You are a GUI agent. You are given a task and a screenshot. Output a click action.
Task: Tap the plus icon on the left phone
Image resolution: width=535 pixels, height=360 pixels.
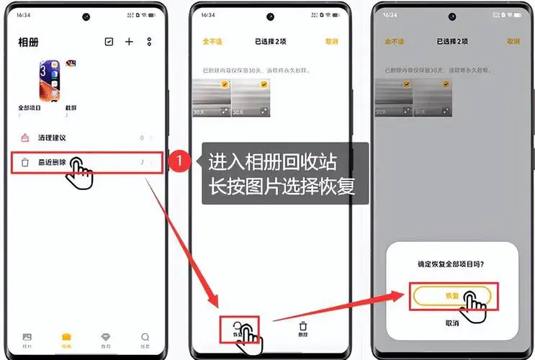pyautogui.click(x=129, y=42)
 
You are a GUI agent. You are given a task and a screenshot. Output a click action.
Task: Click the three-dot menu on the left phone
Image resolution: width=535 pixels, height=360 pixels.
pyautogui.click(x=149, y=42)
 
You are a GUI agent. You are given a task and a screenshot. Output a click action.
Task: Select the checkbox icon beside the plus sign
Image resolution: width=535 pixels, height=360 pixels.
pyautogui.click(x=109, y=42)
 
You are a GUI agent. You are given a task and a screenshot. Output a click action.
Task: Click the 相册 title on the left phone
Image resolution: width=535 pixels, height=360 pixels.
pyautogui.click(x=28, y=42)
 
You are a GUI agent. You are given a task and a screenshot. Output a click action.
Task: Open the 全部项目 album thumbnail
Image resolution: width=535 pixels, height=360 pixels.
pyautogui.click(x=50, y=81)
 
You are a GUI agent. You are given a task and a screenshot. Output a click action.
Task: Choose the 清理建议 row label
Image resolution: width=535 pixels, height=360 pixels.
pyautogui.click(x=57, y=138)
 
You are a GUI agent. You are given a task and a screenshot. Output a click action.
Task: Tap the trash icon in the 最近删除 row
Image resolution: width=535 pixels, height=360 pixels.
pyautogui.click(x=25, y=163)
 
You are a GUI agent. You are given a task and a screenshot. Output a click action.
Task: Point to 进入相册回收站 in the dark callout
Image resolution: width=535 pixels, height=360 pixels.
pyautogui.click(x=272, y=161)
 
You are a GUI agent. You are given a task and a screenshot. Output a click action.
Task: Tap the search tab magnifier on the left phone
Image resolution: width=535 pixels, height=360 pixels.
pyautogui.click(x=145, y=337)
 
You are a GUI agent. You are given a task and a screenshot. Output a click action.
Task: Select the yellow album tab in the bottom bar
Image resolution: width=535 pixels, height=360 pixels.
pyautogui.click(x=66, y=337)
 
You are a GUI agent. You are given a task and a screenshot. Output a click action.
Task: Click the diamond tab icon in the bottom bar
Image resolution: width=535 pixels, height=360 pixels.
pyautogui.click(x=106, y=337)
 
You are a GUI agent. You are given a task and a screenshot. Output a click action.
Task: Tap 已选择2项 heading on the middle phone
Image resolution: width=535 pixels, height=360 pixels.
pyautogui.click(x=270, y=42)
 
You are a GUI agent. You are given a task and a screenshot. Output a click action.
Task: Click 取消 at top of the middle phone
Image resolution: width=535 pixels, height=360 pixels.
pyautogui.click(x=331, y=42)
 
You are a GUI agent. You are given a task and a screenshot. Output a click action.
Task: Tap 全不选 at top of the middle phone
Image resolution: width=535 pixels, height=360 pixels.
pyautogui.click(x=211, y=42)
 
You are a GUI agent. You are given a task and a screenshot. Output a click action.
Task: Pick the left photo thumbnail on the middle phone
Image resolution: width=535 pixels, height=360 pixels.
pyautogui.click(x=211, y=97)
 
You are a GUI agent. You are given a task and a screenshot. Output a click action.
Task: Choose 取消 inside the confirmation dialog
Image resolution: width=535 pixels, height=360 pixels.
pyautogui.click(x=451, y=323)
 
